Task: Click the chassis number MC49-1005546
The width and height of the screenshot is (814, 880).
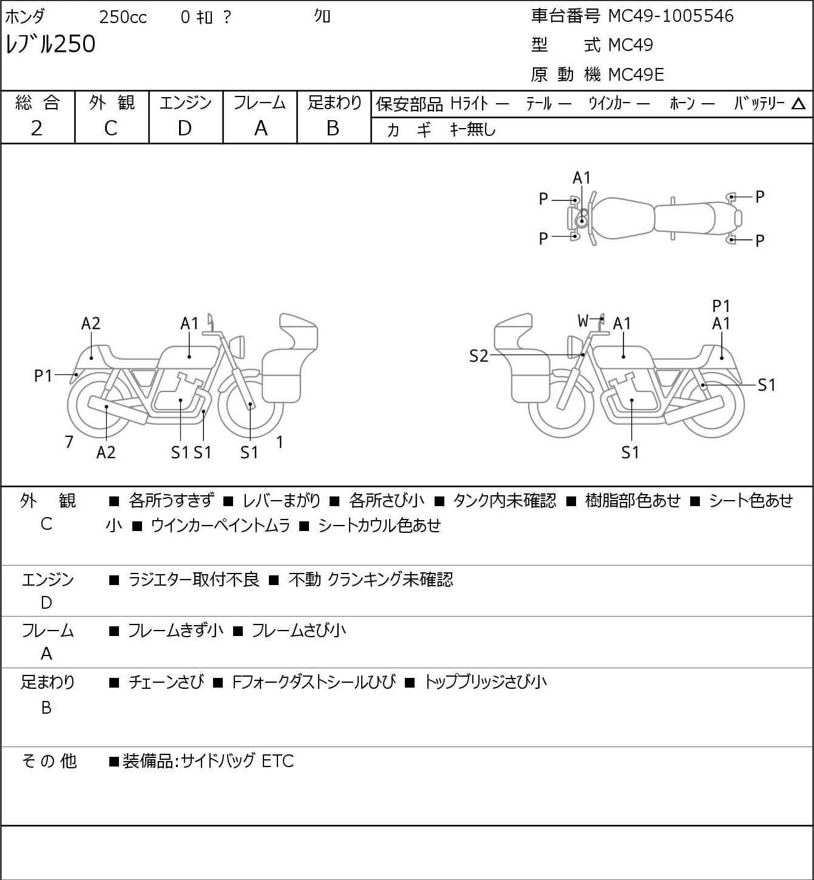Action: [670, 16]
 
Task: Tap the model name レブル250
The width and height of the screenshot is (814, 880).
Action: [50, 44]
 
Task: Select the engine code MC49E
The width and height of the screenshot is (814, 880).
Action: [636, 75]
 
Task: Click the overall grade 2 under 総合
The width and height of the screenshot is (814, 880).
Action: [36, 129]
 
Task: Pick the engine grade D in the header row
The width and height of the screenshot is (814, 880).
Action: [185, 129]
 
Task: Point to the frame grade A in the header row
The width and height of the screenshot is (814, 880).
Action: [260, 129]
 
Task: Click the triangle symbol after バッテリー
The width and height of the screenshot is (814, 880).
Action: [798, 104]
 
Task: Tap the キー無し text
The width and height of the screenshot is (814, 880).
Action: [473, 129]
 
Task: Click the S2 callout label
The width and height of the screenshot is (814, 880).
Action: [478, 356]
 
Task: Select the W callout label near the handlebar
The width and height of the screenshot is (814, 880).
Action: [583, 320]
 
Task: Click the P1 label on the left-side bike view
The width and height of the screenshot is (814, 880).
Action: [43, 376]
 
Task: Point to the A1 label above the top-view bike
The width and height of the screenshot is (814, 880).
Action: [582, 178]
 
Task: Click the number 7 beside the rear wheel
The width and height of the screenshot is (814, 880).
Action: [69, 442]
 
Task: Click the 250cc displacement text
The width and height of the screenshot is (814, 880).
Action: [123, 17]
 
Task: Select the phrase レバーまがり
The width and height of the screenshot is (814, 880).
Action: [282, 501]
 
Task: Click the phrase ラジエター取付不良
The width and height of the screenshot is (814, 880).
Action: [193, 580]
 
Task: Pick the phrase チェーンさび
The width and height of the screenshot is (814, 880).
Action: [166, 682]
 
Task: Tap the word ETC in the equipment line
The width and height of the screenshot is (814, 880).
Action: [277, 761]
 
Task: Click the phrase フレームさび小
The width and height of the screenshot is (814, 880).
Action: [299, 631]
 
